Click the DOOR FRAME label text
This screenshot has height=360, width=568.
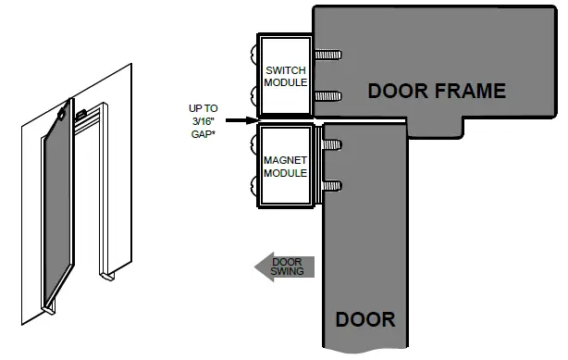click(x=437, y=91)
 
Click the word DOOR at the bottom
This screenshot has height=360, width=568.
click(x=364, y=319)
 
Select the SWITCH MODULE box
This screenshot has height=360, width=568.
click(x=285, y=77)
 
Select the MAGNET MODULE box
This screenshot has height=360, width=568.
click(x=285, y=166)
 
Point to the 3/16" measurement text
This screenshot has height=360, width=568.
click(x=202, y=120)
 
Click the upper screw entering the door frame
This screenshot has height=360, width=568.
click(x=329, y=55)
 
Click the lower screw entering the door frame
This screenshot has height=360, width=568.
click(x=329, y=95)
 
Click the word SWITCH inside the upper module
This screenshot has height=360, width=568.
click(x=285, y=70)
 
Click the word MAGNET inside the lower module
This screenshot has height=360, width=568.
click(x=285, y=159)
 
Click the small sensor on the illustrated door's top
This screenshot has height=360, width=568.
click(x=61, y=115)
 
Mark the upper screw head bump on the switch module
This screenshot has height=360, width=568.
click(x=253, y=51)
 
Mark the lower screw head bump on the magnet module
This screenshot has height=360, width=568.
click(x=253, y=191)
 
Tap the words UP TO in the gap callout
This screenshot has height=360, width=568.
click(x=202, y=108)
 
